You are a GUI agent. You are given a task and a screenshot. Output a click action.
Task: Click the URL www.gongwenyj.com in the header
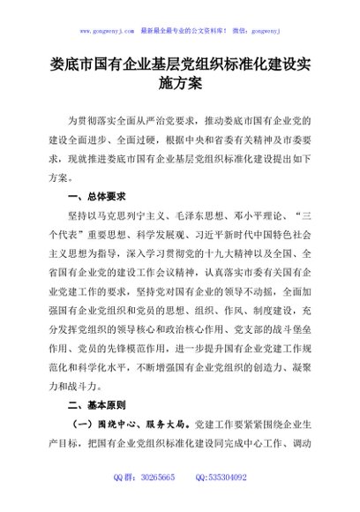pos(107,29)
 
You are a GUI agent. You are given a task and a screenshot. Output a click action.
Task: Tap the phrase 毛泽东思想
pos(196,217)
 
